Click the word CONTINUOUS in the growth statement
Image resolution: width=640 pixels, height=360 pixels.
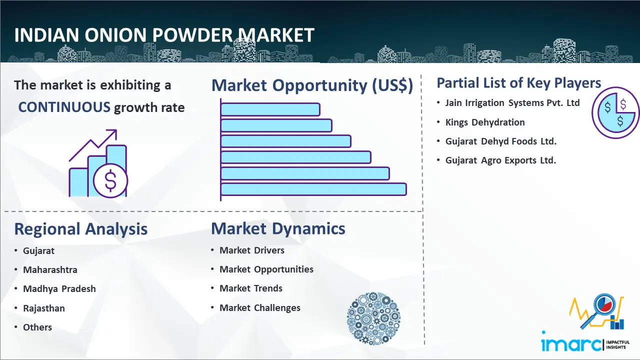(x=64, y=107)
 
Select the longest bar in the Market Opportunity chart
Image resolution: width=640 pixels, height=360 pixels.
(x=313, y=189)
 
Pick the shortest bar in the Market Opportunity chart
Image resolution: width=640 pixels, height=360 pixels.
(x=270, y=109)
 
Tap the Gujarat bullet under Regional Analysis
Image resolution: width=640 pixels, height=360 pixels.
(x=38, y=250)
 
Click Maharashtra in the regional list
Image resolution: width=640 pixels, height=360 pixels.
(x=50, y=269)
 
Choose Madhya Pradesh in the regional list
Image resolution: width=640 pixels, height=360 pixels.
(x=59, y=289)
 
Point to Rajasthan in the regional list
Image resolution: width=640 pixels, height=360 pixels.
(x=44, y=308)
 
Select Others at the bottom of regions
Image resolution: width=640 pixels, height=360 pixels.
(x=37, y=327)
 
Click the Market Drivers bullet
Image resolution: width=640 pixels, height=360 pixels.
(x=252, y=250)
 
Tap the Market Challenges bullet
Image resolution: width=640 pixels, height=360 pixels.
(x=260, y=307)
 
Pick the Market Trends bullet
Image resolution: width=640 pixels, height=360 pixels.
(x=251, y=288)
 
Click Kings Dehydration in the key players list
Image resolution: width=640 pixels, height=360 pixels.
(x=485, y=122)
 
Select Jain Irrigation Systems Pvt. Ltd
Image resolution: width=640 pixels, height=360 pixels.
(x=512, y=103)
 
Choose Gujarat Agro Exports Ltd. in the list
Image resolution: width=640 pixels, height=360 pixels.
(x=500, y=160)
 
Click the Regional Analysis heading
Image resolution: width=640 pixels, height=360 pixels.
(x=81, y=229)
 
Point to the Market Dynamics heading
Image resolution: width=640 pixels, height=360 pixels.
(x=278, y=228)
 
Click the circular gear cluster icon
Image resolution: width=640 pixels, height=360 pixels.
(x=373, y=318)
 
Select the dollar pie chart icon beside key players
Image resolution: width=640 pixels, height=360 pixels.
(x=615, y=113)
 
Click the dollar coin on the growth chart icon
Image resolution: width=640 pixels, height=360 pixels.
(x=110, y=181)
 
